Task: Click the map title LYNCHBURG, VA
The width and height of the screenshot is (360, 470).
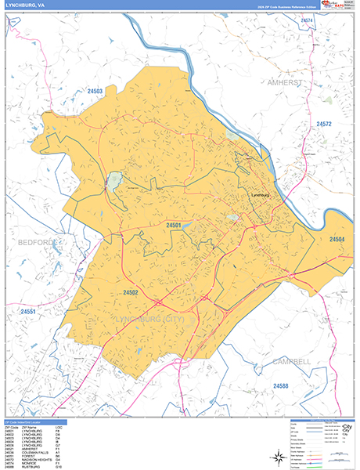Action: pyautogui.click(x=25, y=5)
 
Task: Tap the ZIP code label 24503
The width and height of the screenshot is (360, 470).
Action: pyautogui.click(x=95, y=92)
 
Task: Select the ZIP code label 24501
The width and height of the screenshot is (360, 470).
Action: pyautogui.click(x=174, y=225)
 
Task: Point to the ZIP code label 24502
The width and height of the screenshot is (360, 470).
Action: pyautogui.click(x=130, y=292)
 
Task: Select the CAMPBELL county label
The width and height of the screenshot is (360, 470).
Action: pyautogui.click(x=291, y=361)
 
